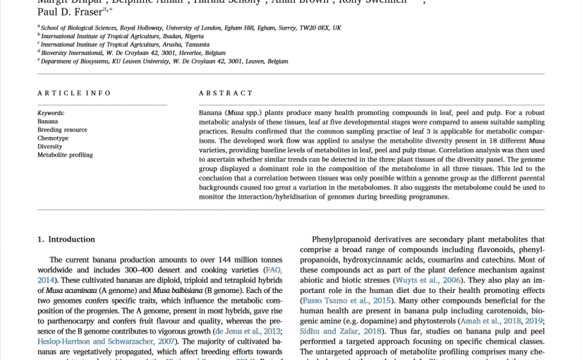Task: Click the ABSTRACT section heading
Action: (226, 93)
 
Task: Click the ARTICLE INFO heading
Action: (74, 93)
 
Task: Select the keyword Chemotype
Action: (53, 138)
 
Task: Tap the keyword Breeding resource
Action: (62, 130)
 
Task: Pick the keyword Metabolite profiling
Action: (65, 155)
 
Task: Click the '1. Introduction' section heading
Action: (66, 239)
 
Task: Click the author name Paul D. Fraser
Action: (69, 12)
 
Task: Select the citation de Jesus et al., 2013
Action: (248, 331)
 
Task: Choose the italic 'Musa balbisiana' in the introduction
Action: (177, 291)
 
